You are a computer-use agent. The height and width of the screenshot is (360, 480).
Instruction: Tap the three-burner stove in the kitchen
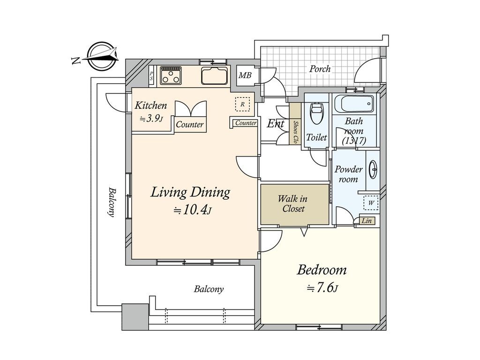click(x=171, y=75)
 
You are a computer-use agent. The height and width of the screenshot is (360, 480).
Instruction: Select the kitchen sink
click(x=215, y=75)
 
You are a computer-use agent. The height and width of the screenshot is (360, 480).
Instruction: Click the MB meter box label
click(x=245, y=75)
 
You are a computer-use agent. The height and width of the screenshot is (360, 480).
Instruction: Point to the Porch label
click(x=320, y=68)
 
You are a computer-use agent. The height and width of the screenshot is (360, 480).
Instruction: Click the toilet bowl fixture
click(x=316, y=113)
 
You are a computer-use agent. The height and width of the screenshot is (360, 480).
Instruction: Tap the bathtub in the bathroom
click(x=354, y=105)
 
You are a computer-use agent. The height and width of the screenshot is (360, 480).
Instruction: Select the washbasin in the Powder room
click(x=373, y=169)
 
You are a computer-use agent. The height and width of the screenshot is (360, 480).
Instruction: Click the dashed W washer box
click(x=371, y=202)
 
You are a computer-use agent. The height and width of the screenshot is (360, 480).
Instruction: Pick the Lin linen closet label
click(x=367, y=220)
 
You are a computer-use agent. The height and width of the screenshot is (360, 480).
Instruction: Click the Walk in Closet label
click(x=293, y=204)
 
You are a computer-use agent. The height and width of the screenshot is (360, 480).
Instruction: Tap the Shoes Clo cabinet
click(x=295, y=123)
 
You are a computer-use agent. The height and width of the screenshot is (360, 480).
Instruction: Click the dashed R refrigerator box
click(x=242, y=104)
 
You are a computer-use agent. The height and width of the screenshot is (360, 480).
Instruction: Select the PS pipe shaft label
click(x=151, y=76)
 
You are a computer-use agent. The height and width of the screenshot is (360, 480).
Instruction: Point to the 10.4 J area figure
click(x=193, y=210)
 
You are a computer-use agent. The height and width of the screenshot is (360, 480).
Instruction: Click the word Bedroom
click(x=322, y=270)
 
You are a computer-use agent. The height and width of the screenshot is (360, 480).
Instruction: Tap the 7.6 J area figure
click(x=322, y=288)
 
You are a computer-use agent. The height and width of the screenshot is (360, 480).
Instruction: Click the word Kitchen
click(x=150, y=105)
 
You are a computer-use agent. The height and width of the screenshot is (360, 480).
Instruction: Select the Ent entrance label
click(x=276, y=124)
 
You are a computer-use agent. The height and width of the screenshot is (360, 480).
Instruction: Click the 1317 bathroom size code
click(x=354, y=141)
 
